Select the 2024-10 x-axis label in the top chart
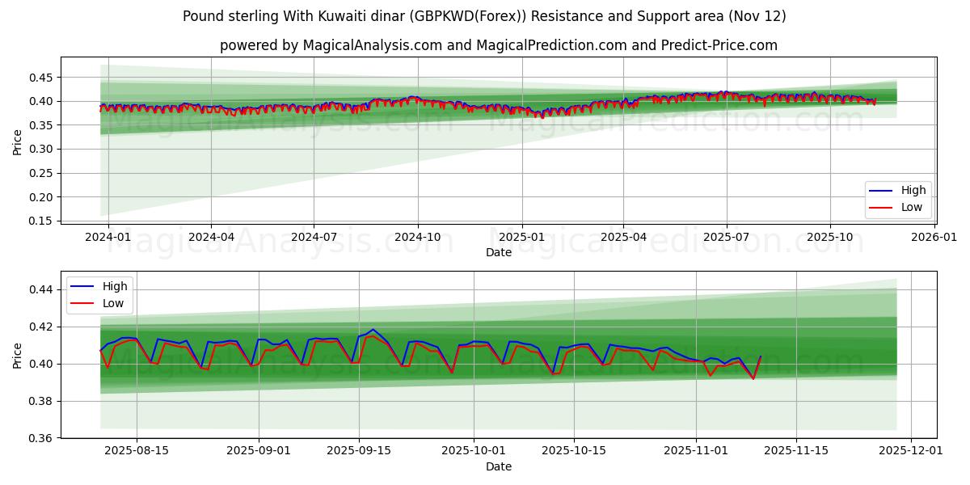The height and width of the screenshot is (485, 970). point(418,237)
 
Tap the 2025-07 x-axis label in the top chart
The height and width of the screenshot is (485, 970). point(726,237)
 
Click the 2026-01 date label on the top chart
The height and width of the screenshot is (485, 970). point(934,237)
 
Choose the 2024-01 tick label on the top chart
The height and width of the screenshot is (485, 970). point(108,237)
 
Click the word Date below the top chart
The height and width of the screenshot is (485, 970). point(498,252)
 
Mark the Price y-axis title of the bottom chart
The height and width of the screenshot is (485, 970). point(18,355)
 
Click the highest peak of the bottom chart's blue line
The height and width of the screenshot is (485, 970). point(373,330)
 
